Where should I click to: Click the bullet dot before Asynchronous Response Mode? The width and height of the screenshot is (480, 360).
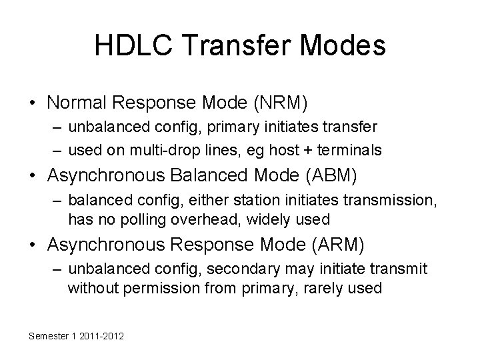click(31, 246)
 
